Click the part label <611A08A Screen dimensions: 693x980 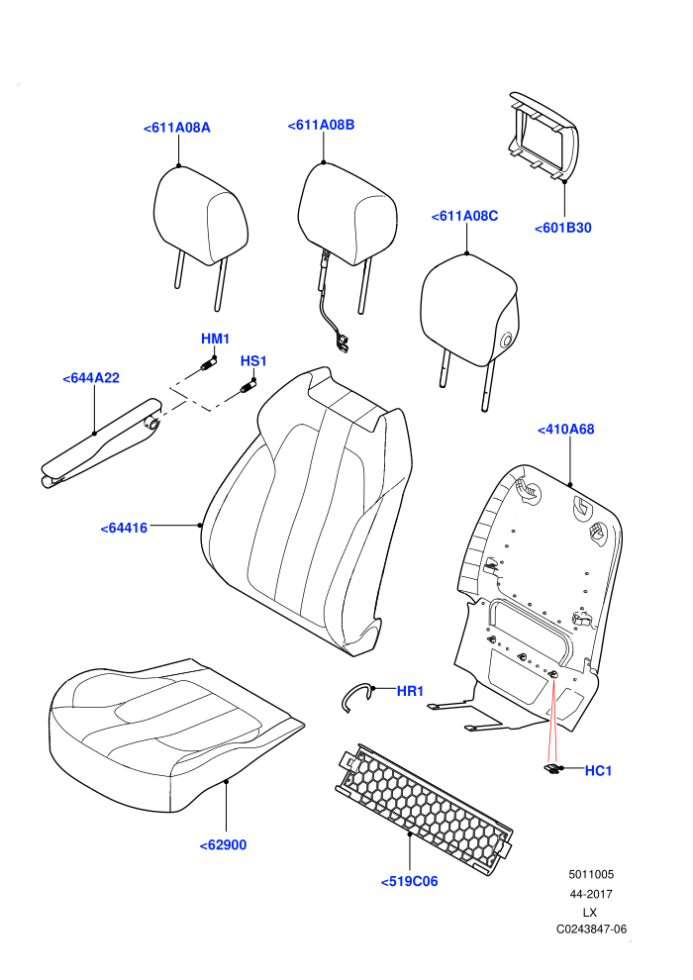coord(177,128)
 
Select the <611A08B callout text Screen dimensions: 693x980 coord(321,125)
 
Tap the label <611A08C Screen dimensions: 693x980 coord(465,216)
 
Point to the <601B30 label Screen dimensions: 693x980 coord(563,228)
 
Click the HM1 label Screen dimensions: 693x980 coord(215,339)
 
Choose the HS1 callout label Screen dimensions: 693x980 coord(253,361)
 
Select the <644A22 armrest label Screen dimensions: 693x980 coord(91,378)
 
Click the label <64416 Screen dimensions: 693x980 coord(124,529)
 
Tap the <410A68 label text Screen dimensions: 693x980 coord(566,430)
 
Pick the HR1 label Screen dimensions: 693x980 coord(410,691)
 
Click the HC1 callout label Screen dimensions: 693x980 coord(598,771)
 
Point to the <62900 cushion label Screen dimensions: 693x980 coord(223,845)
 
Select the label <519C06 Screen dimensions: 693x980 coord(409,881)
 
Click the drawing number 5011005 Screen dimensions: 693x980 coord(591,875)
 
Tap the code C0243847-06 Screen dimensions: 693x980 coord(591,930)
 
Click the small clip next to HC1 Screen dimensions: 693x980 coord(551,770)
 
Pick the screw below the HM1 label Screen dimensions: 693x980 coord(209,365)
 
